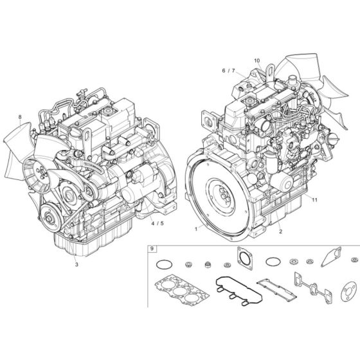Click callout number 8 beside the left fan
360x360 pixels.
20,117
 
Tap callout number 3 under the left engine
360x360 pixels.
76,264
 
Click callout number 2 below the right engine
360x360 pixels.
280,228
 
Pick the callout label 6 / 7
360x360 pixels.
228,70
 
